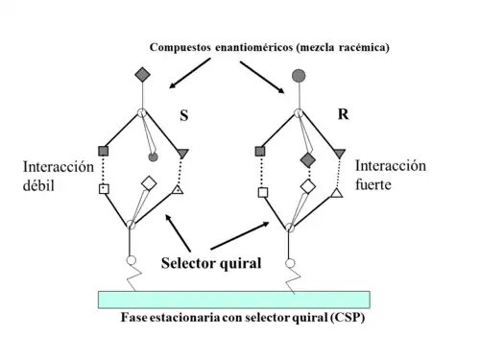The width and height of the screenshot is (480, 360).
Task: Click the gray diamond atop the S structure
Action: (x=142, y=74)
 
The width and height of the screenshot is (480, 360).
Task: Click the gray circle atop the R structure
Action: (x=299, y=74)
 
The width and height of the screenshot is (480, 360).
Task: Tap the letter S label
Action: (x=185, y=115)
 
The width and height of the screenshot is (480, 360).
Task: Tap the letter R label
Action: (x=343, y=114)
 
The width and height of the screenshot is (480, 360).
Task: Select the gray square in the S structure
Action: (x=104, y=151)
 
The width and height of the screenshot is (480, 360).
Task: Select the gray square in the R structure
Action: (x=260, y=151)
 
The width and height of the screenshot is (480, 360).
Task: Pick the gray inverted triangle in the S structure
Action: (x=182, y=152)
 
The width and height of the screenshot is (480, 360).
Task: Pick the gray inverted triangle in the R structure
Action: (x=340, y=152)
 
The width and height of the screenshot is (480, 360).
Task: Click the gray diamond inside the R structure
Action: (x=308, y=159)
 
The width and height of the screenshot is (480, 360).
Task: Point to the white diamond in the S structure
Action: (x=149, y=182)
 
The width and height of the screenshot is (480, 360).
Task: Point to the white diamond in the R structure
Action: (x=307, y=183)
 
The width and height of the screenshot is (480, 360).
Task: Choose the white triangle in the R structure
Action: (x=337, y=195)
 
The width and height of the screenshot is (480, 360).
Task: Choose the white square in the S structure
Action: (x=103, y=189)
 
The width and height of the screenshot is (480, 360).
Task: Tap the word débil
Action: (x=40, y=185)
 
